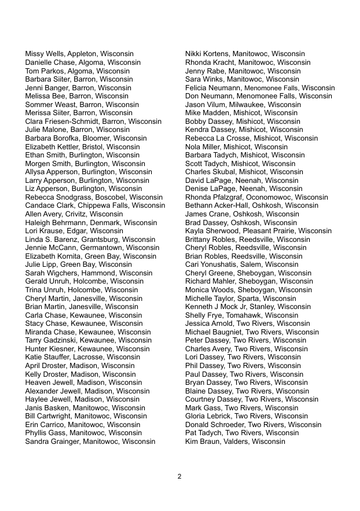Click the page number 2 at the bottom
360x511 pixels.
tap(179, 476)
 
